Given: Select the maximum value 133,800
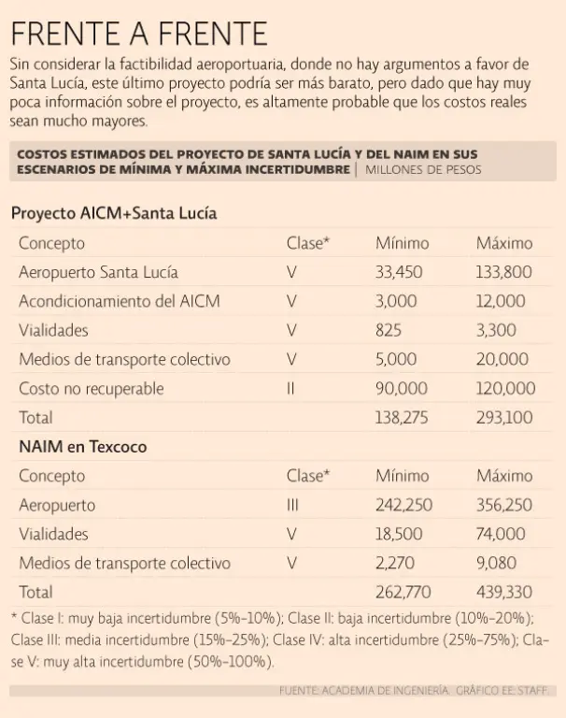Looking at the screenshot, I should [504, 272].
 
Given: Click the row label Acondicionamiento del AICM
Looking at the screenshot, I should [120, 301].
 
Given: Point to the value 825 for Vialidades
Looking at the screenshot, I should [389, 330].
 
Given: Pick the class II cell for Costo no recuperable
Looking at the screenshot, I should [291, 388].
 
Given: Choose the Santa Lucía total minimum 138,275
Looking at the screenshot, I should [403, 417].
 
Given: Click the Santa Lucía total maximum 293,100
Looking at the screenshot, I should [504, 417].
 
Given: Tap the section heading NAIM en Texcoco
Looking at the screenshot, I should [83, 447].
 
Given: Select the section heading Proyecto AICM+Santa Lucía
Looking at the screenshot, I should [114, 213].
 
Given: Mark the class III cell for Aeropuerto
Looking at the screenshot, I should [292, 505].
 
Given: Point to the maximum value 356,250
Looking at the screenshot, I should [504, 505].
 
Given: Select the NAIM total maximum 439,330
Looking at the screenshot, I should [504, 592].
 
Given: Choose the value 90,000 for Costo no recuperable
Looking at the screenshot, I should [402, 388].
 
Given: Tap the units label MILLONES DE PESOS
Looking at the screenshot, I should [424, 169].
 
